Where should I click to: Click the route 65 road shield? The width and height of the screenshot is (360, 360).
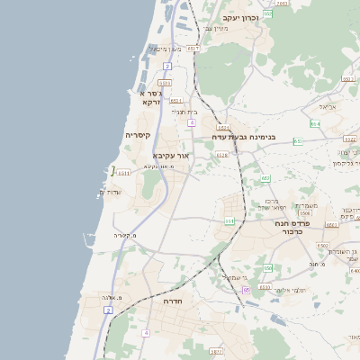pyautogui.click(x=247, y=290)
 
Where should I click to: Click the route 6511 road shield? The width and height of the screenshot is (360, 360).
pyautogui.click(x=122, y=172)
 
